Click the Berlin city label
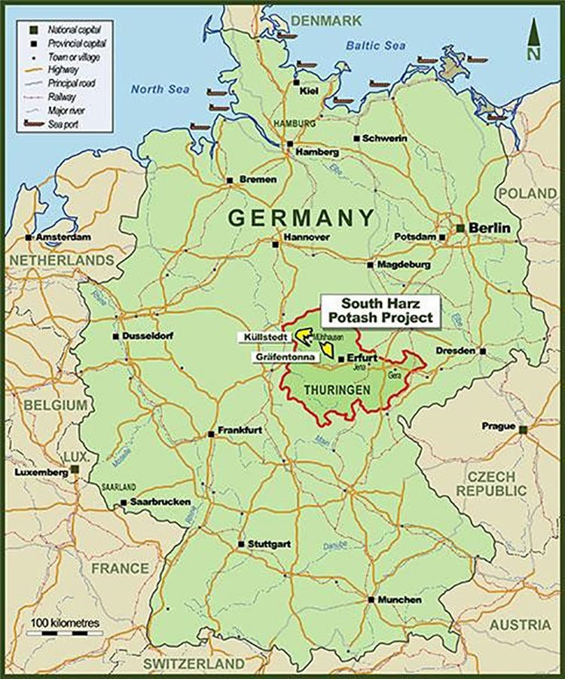click(490, 228)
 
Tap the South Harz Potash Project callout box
click(380, 310)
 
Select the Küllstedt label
click(264, 336)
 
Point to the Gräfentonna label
click(280, 359)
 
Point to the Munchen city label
click(400, 600)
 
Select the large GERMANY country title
click(301, 218)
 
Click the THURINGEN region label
click(337, 390)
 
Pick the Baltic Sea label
click(375, 46)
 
